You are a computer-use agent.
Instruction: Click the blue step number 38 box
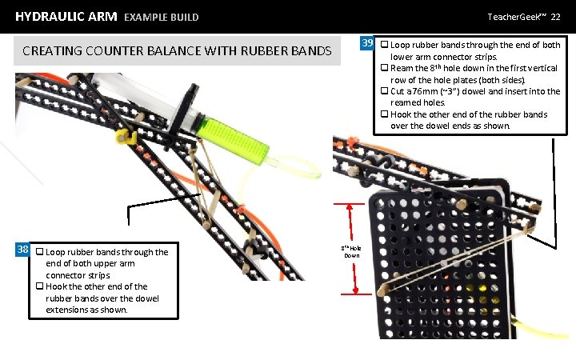pyautogui.click(x=23, y=250)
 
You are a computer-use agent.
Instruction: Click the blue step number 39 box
pyautogui.click(x=367, y=43)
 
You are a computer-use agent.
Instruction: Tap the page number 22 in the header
pyautogui.click(x=555, y=16)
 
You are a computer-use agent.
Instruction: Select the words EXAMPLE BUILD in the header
pyautogui.click(x=162, y=17)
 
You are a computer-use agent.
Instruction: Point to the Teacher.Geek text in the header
pyautogui.click(x=517, y=16)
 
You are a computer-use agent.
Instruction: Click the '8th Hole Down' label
pyautogui.click(x=351, y=251)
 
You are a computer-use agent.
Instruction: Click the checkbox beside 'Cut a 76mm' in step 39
pyautogui.click(x=384, y=92)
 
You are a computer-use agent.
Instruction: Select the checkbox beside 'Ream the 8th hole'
pyautogui.click(x=384, y=69)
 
